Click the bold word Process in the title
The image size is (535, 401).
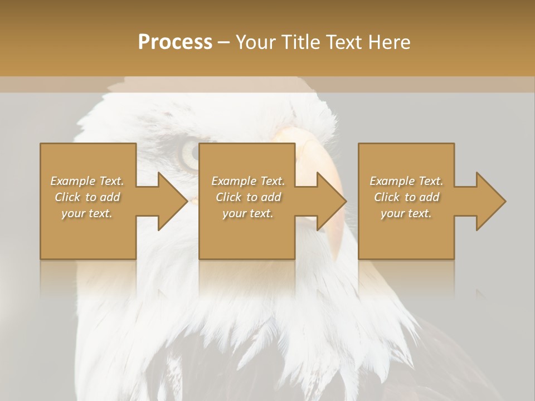pyautogui.click(x=175, y=42)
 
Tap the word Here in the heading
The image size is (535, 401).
pyautogui.click(x=391, y=42)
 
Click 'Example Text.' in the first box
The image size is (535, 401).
pyautogui.click(x=87, y=181)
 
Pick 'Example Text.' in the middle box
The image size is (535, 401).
pyautogui.click(x=248, y=181)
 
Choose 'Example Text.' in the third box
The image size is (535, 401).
pyautogui.click(x=406, y=181)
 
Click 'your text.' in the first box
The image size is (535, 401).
pyautogui.click(x=87, y=213)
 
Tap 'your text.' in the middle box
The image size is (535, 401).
pyautogui.click(x=248, y=213)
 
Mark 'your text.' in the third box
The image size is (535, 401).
pyautogui.click(x=406, y=213)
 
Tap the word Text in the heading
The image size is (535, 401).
pyautogui.click(x=345, y=42)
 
